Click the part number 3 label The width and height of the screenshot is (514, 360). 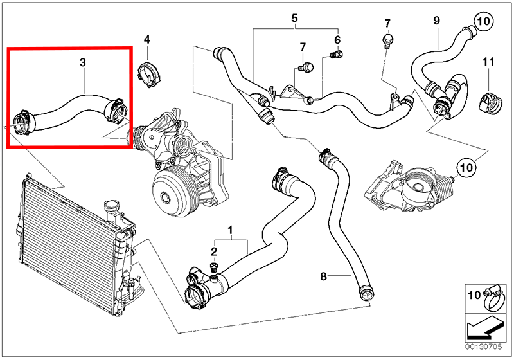(82, 62)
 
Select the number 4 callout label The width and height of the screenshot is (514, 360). (146, 40)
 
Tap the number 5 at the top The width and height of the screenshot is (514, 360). (295, 18)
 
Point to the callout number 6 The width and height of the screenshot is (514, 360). (337, 40)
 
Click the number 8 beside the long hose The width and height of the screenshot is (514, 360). (324, 276)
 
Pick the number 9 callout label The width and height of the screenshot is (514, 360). (436, 21)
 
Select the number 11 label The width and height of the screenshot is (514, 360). (488, 62)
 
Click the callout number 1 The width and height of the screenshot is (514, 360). (231, 229)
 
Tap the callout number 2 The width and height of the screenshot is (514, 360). (215, 251)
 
